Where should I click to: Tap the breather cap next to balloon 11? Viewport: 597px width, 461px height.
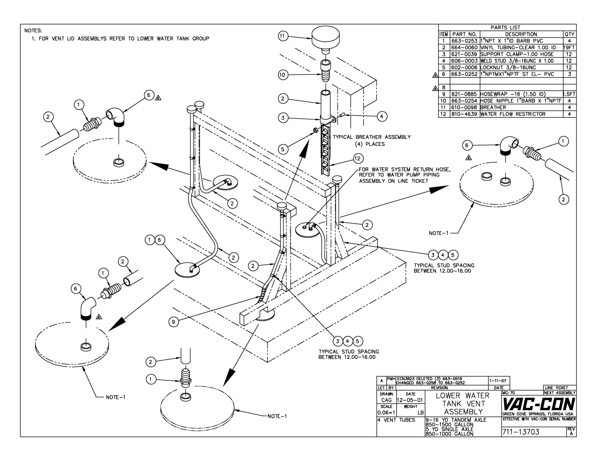326,36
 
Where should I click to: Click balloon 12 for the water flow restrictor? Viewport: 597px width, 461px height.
358,158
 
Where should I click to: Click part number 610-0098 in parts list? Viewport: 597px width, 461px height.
465,107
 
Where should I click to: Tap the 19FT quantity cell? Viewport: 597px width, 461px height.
570,47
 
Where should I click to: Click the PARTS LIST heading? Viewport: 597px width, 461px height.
505,27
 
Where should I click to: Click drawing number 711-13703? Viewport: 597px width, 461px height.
521,432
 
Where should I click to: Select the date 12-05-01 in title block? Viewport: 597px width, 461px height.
410,400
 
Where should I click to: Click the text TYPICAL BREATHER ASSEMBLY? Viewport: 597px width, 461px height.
372,137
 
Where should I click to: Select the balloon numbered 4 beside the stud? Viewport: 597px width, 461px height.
382,116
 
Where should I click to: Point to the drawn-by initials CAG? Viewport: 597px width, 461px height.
386,400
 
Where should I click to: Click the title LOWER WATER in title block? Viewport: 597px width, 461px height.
462,396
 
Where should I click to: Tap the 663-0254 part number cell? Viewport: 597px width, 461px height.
465,101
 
